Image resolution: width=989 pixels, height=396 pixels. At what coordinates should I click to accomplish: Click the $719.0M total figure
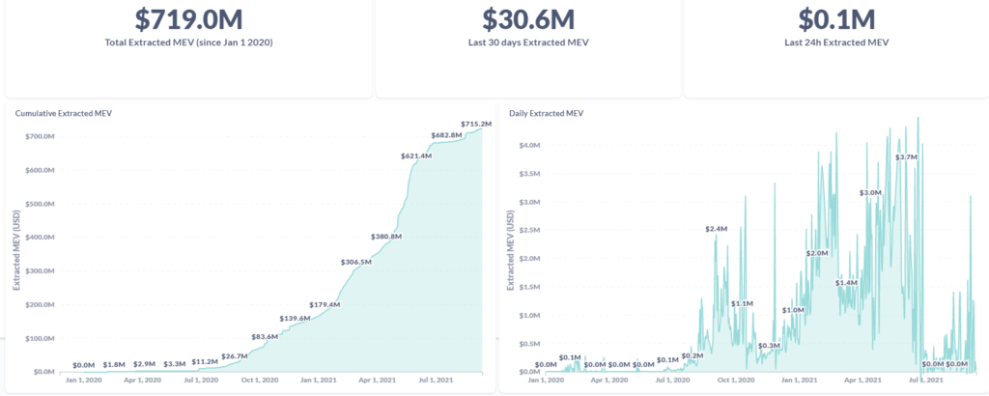[x=187, y=19]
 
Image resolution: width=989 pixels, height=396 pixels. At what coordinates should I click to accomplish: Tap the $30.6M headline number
[x=528, y=19]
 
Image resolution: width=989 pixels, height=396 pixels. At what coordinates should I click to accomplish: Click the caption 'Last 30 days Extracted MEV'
[x=528, y=42]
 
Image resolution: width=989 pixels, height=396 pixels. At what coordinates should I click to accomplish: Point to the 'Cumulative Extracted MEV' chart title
[x=64, y=114]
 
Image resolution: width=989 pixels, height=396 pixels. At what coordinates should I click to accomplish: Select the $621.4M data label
[x=415, y=156]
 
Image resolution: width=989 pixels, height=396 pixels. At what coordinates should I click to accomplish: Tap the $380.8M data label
[x=385, y=237]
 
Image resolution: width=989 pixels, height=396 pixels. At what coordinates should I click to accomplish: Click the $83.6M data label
[x=265, y=336]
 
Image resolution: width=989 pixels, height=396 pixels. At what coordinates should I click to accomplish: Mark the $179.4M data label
[x=325, y=305]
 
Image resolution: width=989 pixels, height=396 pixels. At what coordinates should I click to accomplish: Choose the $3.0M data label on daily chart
[x=870, y=192]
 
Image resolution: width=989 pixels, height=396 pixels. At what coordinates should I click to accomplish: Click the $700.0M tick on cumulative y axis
[x=42, y=137]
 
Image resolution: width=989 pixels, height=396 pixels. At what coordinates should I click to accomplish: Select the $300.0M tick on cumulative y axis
[x=42, y=271]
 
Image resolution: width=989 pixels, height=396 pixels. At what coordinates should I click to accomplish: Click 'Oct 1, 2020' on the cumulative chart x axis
[x=258, y=382]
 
